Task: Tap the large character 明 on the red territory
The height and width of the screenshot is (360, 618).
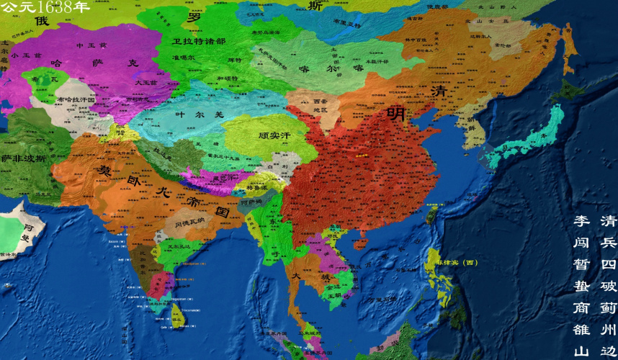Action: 395,113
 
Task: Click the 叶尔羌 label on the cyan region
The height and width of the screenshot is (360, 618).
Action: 189,114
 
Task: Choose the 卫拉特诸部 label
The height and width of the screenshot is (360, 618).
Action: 199,42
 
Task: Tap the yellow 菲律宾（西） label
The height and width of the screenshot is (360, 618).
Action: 457,263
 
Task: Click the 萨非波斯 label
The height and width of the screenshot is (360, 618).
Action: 24,158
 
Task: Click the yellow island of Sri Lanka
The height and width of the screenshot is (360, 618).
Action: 178,315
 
